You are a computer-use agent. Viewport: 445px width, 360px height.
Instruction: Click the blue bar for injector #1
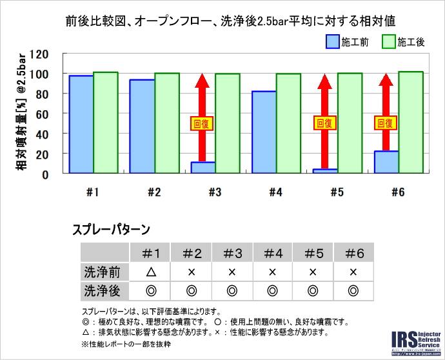click(x=81, y=125)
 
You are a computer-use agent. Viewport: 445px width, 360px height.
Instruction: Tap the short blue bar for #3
click(x=203, y=168)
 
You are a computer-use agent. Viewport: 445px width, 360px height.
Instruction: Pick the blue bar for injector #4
click(x=264, y=132)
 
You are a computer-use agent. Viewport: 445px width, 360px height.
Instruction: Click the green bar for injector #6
click(x=411, y=123)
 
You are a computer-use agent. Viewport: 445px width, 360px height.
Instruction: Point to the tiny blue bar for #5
click(x=325, y=171)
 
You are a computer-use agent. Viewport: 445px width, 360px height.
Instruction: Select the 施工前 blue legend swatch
click(x=333, y=43)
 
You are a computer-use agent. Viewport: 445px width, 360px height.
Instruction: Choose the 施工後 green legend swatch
click(x=388, y=43)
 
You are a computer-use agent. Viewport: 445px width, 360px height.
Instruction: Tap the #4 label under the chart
click(x=275, y=192)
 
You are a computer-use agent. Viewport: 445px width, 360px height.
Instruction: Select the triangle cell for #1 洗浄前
click(x=151, y=272)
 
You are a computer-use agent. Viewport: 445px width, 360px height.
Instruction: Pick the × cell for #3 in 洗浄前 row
click(x=232, y=272)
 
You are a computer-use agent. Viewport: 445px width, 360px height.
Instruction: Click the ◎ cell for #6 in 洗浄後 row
click(x=353, y=291)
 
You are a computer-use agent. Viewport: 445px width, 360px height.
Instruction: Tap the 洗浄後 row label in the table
click(x=102, y=291)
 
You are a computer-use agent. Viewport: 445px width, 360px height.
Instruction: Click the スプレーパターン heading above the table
click(x=111, y=229)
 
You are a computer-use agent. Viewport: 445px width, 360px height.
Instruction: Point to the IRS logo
click(x=416, y=342)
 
